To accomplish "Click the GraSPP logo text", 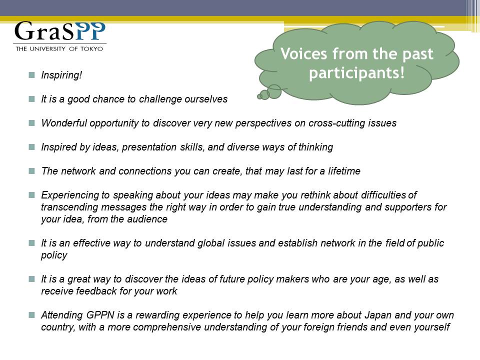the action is (60, 31).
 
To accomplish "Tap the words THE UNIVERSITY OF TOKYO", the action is (59, 48).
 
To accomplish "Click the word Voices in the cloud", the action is (304, 54).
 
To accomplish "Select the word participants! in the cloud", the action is (357, 73).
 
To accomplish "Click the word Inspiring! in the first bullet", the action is (61, 75).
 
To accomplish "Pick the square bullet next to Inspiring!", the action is (32, 75).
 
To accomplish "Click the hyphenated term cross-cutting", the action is (336, 123).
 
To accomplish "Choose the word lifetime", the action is (344, 171).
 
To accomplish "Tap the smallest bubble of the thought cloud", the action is (259, 96).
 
